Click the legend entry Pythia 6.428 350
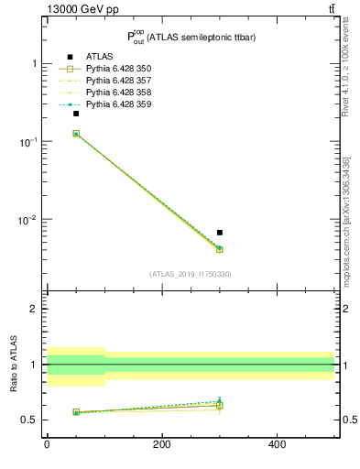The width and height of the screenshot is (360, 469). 118,69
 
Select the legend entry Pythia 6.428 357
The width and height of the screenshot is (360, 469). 118,81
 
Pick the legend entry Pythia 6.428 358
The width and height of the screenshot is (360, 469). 118,93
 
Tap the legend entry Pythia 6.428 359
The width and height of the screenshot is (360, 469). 118,104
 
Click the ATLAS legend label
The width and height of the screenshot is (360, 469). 100,57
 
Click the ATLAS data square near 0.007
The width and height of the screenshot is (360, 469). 220,233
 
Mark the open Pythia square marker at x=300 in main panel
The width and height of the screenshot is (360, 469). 220,249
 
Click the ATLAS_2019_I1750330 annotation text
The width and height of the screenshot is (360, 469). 191,274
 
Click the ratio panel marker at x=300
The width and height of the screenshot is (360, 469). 220,404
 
